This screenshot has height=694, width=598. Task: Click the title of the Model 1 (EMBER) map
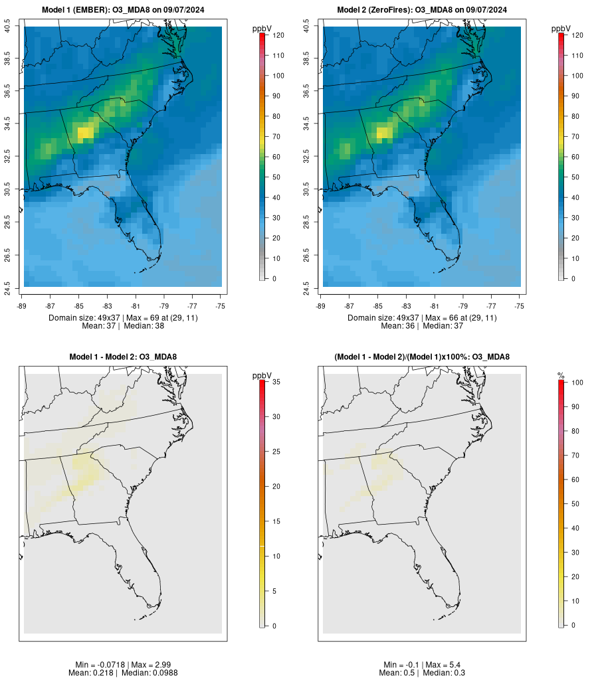pos(123,10)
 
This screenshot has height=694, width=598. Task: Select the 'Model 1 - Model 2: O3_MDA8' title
pos(123,357)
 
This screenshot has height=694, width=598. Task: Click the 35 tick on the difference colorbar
pos(274,382)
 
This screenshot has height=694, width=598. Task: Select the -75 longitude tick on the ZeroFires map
pos(520,305)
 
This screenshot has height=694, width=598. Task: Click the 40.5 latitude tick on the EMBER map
pos(8,27)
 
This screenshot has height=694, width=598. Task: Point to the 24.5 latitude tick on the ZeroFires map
pos(307,287)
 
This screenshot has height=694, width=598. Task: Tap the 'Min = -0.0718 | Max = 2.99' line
pos(123,665)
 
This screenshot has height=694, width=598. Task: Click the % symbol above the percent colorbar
pos(561,376)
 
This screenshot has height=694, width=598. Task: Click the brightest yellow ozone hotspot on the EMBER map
pos(86,131)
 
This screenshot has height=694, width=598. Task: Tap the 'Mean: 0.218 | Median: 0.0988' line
pos(123,673)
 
